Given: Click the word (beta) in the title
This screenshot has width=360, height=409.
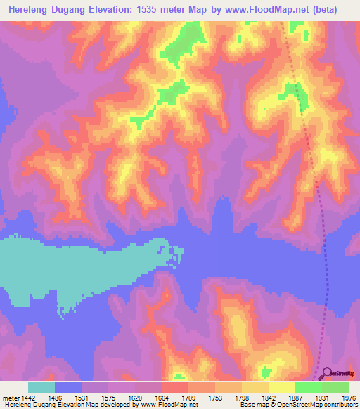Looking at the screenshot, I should tap(325, 10).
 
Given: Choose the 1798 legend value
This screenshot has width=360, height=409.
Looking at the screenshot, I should tap(249, 397).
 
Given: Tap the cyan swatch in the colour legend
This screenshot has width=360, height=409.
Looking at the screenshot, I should tap(41, 387).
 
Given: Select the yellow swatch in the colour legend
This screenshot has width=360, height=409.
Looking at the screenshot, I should tap(282, 387).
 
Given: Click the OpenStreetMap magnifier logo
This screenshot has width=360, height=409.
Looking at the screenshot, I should tap(327, 374).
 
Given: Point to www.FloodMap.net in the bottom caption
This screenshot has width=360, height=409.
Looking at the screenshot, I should tap(168, 405).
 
